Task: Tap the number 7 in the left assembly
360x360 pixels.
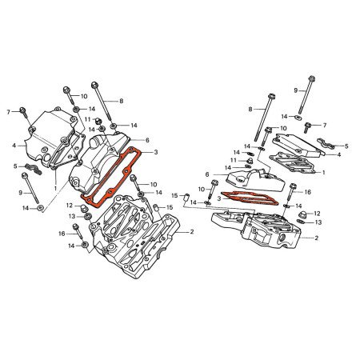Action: [x=8, y=110]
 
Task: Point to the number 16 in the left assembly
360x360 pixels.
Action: [x=62, y=233]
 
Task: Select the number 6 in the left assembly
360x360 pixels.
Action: [x=147, y=139]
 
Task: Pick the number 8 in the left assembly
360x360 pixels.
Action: [x=122, y=101]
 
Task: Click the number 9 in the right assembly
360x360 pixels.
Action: [x=294, y=90]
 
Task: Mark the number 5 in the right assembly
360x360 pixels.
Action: [x=346, y=146]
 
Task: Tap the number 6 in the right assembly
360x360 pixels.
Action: [x=206, y=174]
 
